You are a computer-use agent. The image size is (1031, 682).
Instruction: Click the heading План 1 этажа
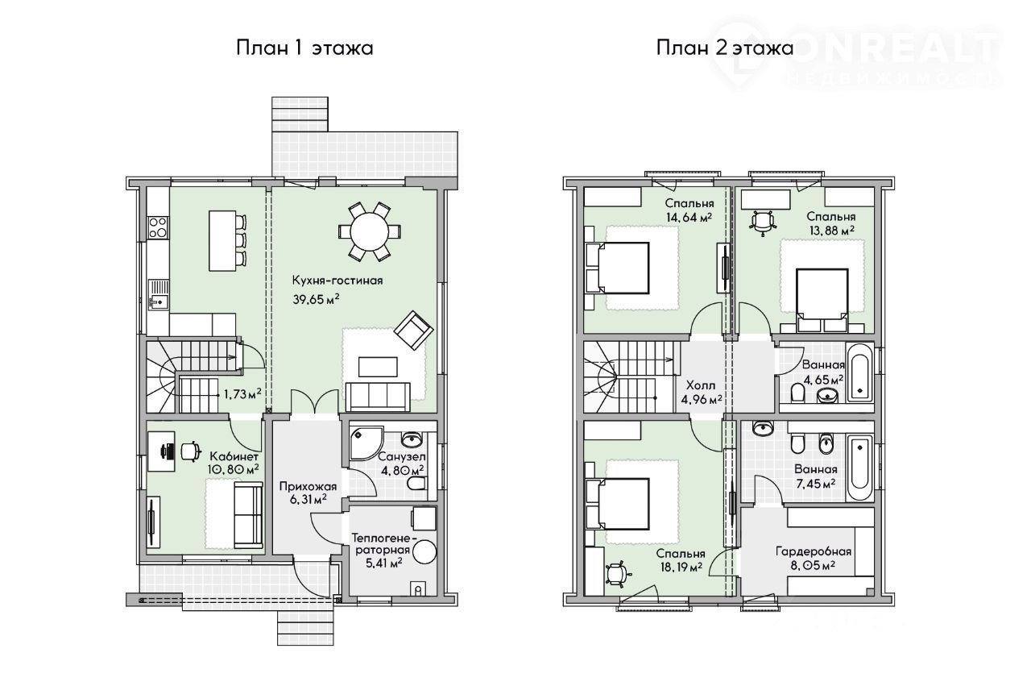click(x=304, y=48)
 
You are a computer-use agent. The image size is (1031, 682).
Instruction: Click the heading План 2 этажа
click(x=724, y=48)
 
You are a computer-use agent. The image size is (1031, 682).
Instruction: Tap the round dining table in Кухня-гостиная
click(x=370, y=232)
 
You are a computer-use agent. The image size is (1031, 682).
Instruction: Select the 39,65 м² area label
click(x=317, y=300)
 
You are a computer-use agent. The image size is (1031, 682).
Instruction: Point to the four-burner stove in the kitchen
click(x=158, y=227)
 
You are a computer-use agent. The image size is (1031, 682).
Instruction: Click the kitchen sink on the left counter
click(x=158, y=296)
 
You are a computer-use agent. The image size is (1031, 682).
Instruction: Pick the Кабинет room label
click(x=234, y=456)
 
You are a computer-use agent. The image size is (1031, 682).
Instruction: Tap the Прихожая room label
click(x=308, y=486)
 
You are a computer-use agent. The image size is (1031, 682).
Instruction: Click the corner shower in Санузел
click(x=366, y=443)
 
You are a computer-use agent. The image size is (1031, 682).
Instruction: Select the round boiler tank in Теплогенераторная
click(x=424, y=551)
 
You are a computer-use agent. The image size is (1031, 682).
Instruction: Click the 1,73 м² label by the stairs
click(x=242, y=393)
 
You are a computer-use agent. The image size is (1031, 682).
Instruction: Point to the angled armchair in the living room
click(x=413, y=331)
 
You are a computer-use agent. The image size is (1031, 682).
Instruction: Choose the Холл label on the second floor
click(x=701, y=385)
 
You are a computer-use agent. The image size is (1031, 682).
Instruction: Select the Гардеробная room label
click(x=814, y=551)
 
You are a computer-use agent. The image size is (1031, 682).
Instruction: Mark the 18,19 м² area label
click(x=679, y=567)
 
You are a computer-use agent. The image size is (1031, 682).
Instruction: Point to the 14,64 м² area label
click(x=689, y=218)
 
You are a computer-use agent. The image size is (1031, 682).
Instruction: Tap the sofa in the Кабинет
click(x=247, y=515)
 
